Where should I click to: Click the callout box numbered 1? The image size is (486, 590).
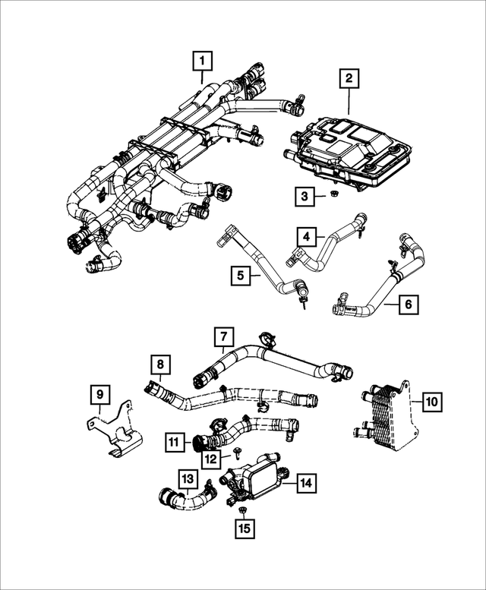[x=202, y=58]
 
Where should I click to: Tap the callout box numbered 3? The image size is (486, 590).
[x=305, y=197]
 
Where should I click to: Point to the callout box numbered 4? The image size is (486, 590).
[x=306, y=238]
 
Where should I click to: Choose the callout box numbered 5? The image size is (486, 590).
[x=240, y=275]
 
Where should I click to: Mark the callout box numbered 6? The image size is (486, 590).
[x=407, y=305]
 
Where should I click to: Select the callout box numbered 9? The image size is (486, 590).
[x=99, y=394]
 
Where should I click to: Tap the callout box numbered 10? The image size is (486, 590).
[x=431, y=401]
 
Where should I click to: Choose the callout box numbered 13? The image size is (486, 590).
[x=187, y=478]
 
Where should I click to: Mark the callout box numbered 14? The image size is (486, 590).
[x=305, y=481]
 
